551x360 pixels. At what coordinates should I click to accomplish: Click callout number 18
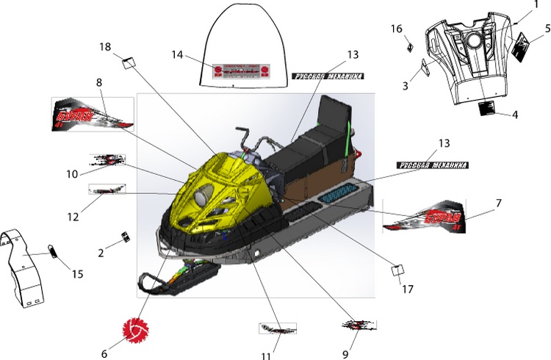coord(105,47)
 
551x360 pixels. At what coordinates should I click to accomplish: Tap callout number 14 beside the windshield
coord(177,54)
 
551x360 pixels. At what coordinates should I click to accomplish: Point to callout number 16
coord(397,29)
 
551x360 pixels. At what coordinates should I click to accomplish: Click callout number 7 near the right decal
coord(498,202)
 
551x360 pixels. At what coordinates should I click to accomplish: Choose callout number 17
coord(408,289)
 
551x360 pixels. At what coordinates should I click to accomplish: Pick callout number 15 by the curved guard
coord(77,274)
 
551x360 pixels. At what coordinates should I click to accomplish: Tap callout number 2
coord(101,252)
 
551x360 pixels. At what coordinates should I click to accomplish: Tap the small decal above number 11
coord(277,328)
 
